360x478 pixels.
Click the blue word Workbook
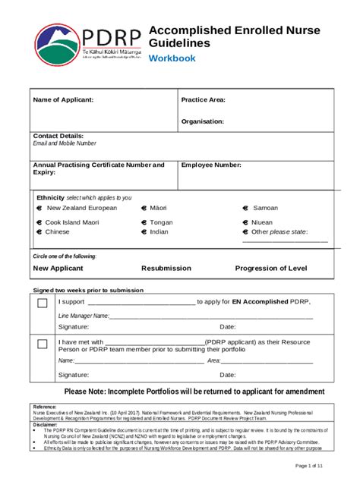tap(172, 58)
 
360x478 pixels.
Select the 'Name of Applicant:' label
tap(63, 100)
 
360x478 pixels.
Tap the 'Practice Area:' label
tap(203, 100)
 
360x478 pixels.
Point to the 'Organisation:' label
tap(202, 121)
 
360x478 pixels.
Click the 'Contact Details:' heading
tap(58, 136)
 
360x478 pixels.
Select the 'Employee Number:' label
tap(211, 165)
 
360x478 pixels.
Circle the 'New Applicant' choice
tap(62, 269)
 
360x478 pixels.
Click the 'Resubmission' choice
tap(169, 269)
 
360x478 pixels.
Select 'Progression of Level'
tap(271, 269)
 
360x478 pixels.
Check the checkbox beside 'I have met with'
tap(43, 344)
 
